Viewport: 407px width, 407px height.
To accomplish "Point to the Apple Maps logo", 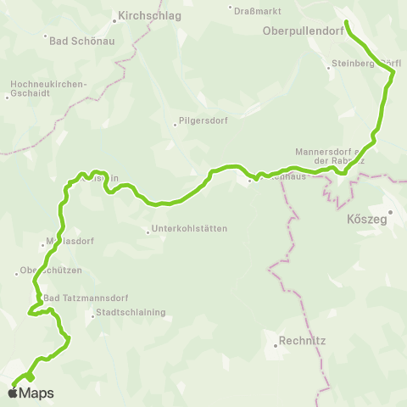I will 32,393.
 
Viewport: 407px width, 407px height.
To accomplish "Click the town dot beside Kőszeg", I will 390,212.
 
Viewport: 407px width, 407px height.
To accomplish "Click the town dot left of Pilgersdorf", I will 176,123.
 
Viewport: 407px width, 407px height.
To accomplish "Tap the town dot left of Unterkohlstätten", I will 148,230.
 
